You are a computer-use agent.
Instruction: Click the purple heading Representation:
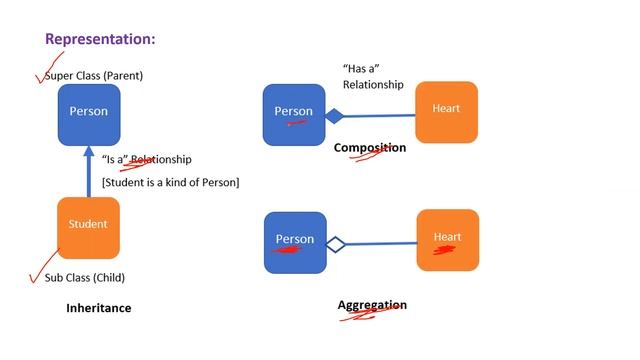[99, 40]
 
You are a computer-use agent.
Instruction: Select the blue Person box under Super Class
[88, 112]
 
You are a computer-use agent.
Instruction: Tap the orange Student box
[88, 226]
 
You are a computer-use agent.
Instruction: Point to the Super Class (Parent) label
[94, 75]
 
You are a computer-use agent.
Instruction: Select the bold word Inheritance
[98, 308]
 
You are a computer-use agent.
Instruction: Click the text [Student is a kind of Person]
[170, 182]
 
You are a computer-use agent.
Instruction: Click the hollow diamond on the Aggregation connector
[335, 243]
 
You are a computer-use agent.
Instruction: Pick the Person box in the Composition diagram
[294, 113]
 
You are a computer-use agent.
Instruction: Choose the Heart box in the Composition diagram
[446, 111]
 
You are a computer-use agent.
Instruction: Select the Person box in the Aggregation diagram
[295, 241]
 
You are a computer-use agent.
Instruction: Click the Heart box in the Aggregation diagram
[447, 239]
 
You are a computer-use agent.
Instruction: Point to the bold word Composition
[370, 148]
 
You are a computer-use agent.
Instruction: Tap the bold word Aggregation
[372, 305]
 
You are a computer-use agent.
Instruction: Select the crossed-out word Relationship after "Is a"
[161, 159]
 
